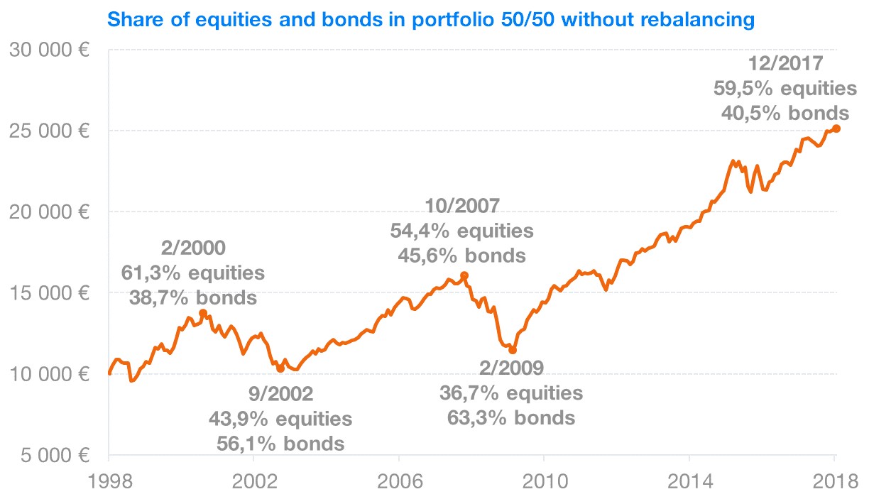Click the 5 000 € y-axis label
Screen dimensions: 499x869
pyautogui.click(x=53, y=454)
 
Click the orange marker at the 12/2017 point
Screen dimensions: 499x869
pyautogui.click(x=836, y=128)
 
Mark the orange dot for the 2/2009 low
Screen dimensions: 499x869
pyautogui.click(x=513, y=350)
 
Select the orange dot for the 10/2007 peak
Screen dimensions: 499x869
pyautogui.click(x=464, y=275)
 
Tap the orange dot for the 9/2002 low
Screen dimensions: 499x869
pyautogui.click(x=280, y=368)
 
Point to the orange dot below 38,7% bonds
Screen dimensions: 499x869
pyautogui.click(x=203, y=313)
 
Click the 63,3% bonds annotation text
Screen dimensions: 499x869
pyautogui.click(x=510, y=417)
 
